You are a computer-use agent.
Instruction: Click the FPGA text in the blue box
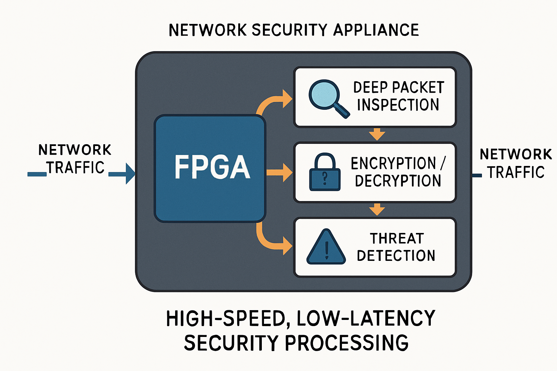pyautogui.click(x=212, y=167)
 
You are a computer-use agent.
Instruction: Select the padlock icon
pyautogui.click(x=325, y=173)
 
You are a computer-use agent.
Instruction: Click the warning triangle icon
pyautogui.click(x=326, y=248)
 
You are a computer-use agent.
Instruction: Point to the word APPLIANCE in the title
pyautogui.click(x=376, y=30)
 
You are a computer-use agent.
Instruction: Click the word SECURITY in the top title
pyautogui.click(x=290, y=30)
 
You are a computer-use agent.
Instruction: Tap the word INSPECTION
pyautogui.click(x=398, y=105)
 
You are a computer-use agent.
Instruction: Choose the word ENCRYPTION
pyautogui.click(x=393, y=163)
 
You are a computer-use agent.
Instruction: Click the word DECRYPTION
pyautogui.click(x=398, y=181)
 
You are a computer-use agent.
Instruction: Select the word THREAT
pyautogui.click(x=397, y=239)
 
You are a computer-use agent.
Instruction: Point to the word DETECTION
pyautogui.click(x=396, y=256)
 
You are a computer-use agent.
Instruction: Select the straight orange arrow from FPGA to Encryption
pyautogui.click(x=279, y=172)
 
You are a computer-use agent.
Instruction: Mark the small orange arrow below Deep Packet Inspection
pyautogui.click(x=377, y=134)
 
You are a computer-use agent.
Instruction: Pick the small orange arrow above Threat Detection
pyautogui.click(x=377, y=209)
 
